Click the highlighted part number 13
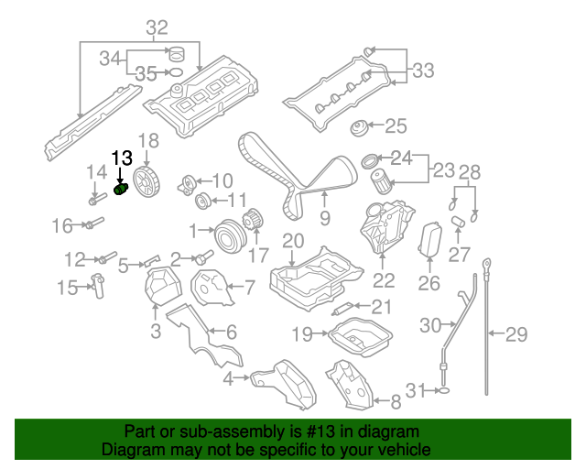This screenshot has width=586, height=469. tap(122, 158)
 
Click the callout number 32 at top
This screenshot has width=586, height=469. tap(157, 28)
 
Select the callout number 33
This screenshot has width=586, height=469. tap(423, 70)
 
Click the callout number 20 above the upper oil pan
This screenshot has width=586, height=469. tap(293, 242)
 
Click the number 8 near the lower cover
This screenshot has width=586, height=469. tap(396, 400)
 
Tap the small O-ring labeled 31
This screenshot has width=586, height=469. tap(443, 391)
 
